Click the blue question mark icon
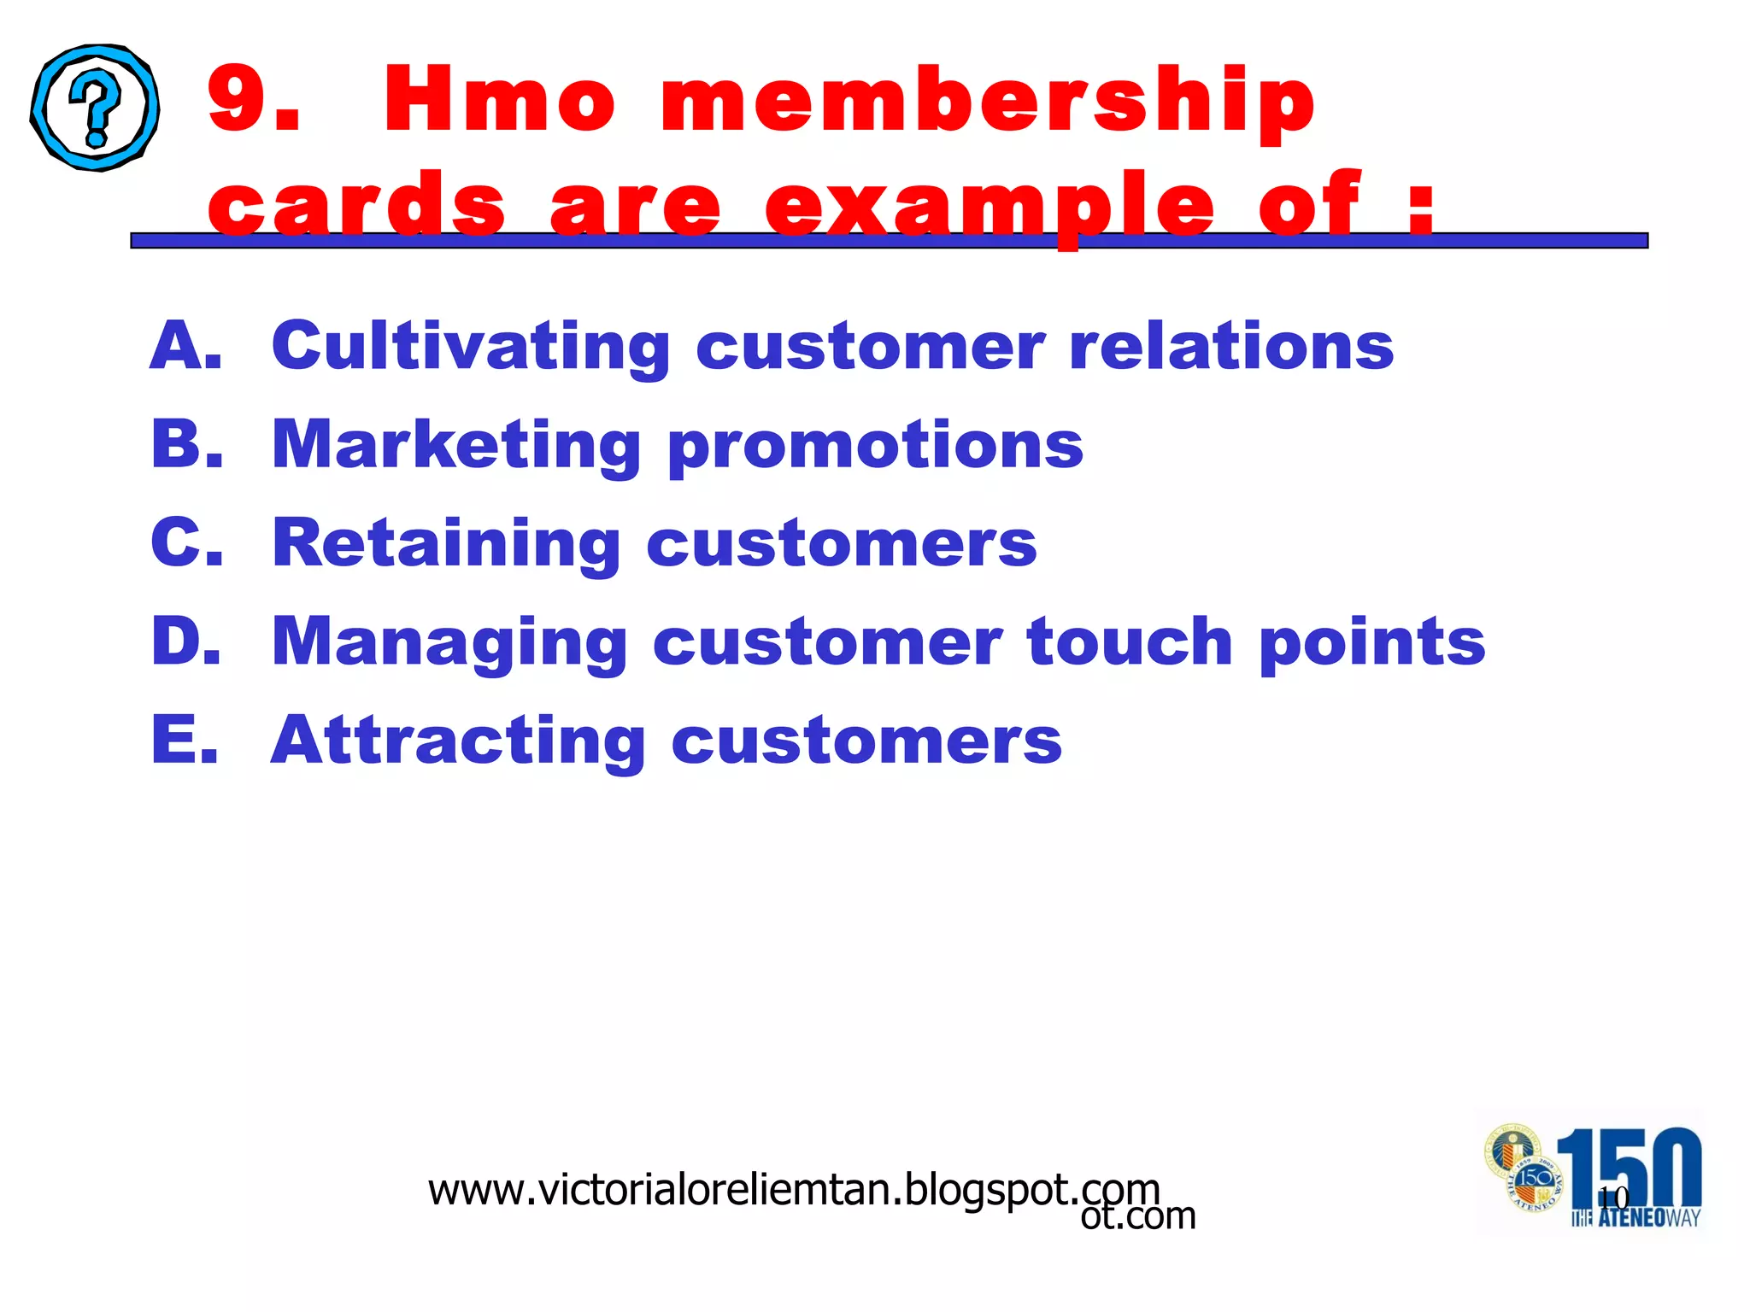tap(95, 108)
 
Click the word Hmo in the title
tap(500, 100)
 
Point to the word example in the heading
tap(990, 205)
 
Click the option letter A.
tap(185, 346)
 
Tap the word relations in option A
tap(1231, 346)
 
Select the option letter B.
tap(186, 444)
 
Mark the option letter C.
tap(186, 542)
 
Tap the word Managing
tap(450, 643)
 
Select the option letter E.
tap(185, 740)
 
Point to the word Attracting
tap(458, 741)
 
